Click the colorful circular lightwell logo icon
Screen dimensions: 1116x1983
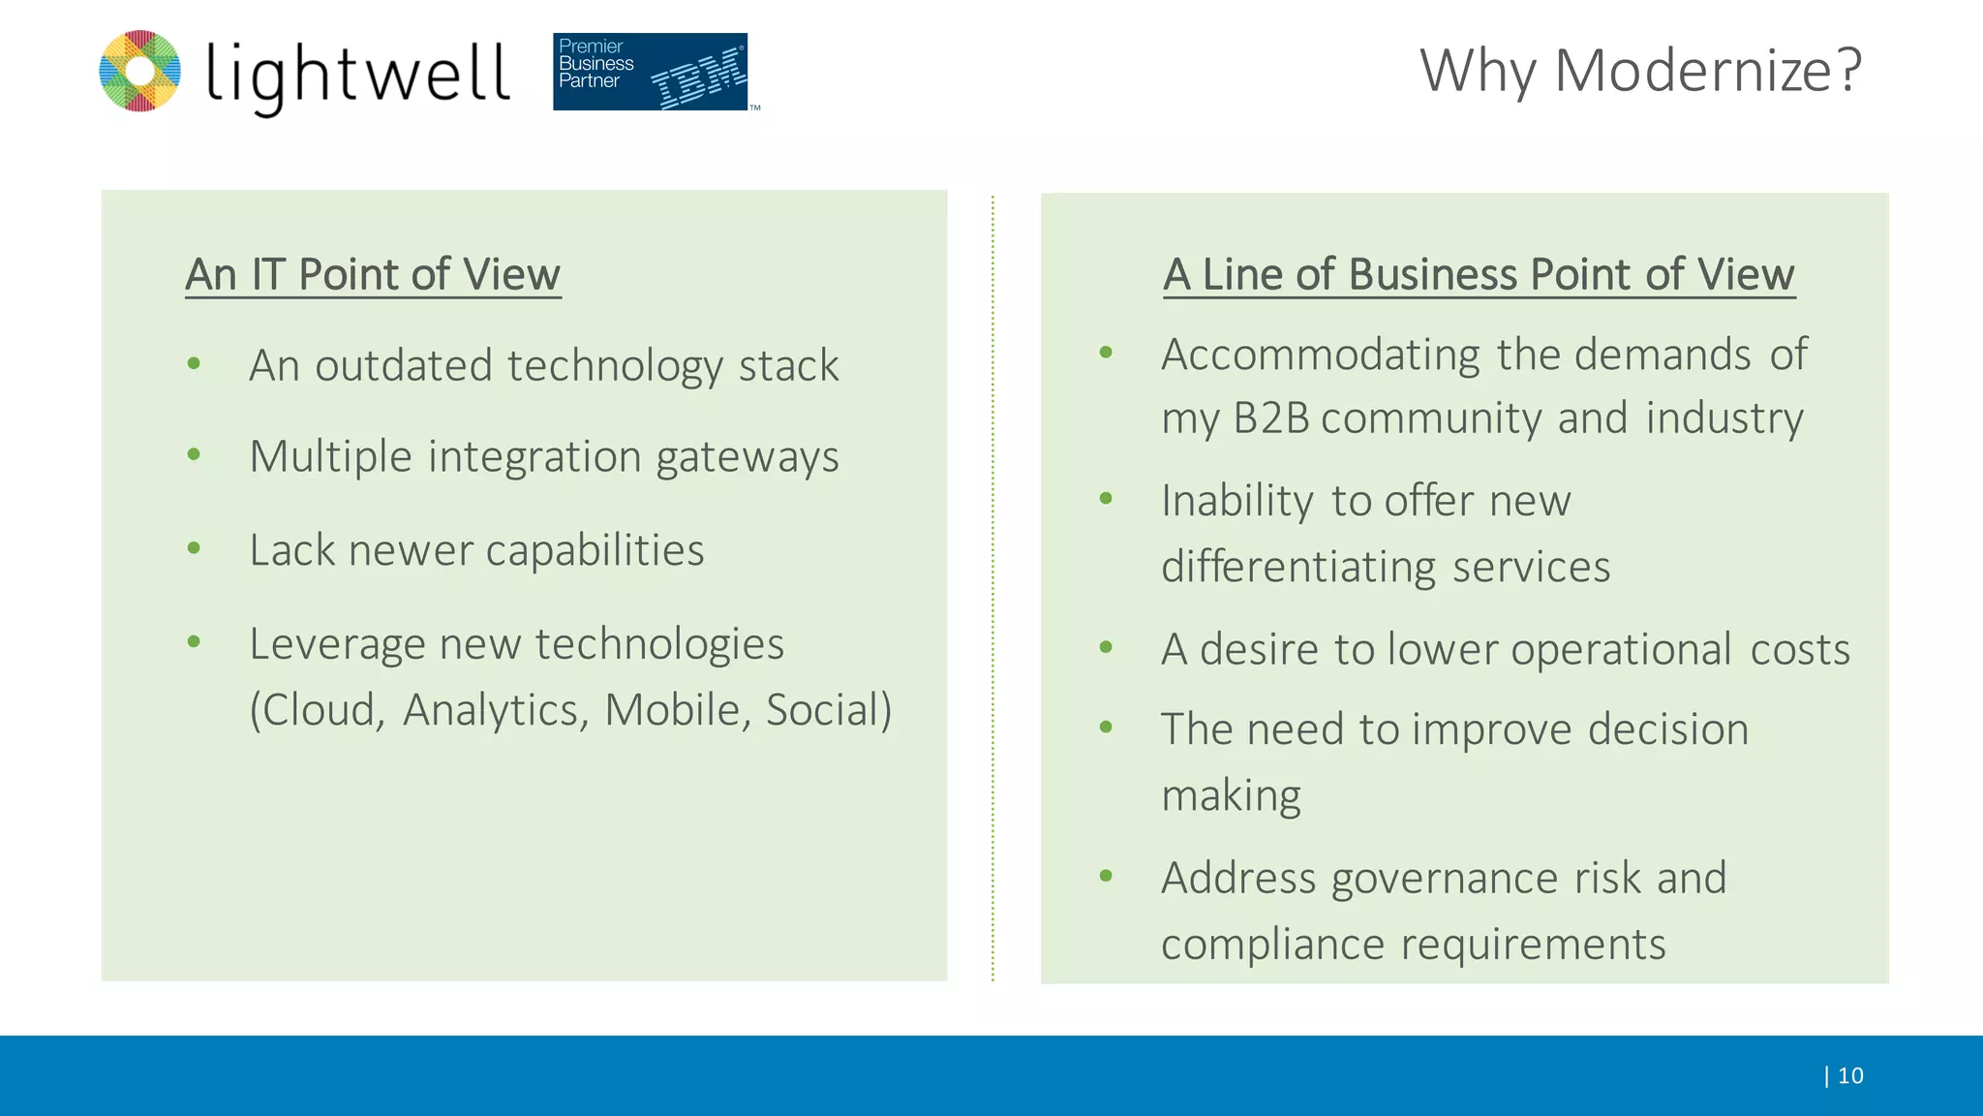click(140, 71)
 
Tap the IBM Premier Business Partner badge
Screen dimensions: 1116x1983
click(651, 71)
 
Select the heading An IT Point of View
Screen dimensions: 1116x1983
click(373, 274)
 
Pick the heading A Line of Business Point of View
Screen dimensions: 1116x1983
click(1479, 274)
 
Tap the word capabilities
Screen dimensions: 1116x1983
click(595, 550)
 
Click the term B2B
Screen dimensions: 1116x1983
click(1270, 418)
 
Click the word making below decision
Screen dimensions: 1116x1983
click(1231, 796)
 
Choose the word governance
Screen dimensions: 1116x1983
click(1445, 879)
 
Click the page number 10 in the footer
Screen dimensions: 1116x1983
click(1849, 1075)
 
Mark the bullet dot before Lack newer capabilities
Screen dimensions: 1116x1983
click(194, 548)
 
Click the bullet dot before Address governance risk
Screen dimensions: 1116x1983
click(1106, 877)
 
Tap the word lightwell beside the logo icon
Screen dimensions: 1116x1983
click(357, 75)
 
